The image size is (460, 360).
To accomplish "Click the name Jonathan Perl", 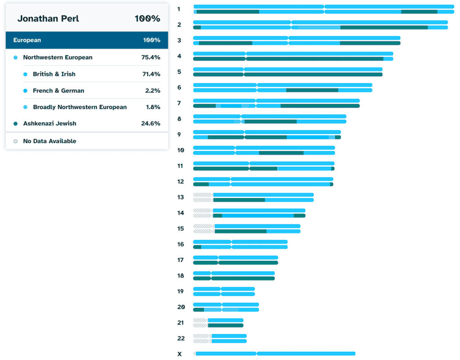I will pyautogui.click(x=48, y=18).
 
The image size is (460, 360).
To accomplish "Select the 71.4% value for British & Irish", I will pyautogui.click(x=150, y=74).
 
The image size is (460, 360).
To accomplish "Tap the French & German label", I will pyautogui.click(x=58, y=91).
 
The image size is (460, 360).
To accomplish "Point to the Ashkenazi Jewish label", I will pyautogui.click(x=50, y=123).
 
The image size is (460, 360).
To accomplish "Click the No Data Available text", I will pyautogui.click(x=49, y=141).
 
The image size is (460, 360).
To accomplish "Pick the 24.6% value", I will pyautogui.click(x=150, y=123).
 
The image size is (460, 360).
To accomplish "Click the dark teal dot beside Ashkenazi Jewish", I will pyautogui.click(x=16, y=123).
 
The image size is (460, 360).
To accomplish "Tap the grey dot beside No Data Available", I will pyautogui.click(x=16, y=141).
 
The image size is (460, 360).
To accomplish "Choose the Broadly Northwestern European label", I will pyautogui.click(x=80, y=107).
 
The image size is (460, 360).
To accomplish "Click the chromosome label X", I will pyautogui.click(x=180, y=354).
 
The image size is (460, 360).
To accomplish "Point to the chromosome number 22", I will pyautogui.click(x=181, y=338).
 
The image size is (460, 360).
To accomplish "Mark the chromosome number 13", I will pyautogui.click(x=181, y=197).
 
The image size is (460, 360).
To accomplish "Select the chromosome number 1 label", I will pyautogui.click(x=179, y=9).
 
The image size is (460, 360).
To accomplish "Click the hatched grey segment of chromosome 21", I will pyautogui.click(x=200, y=323).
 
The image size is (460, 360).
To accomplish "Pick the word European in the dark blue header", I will pyautogui.click(x=27, y=40).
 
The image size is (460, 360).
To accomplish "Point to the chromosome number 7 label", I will pyautogui.click(x=179, y=103).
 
